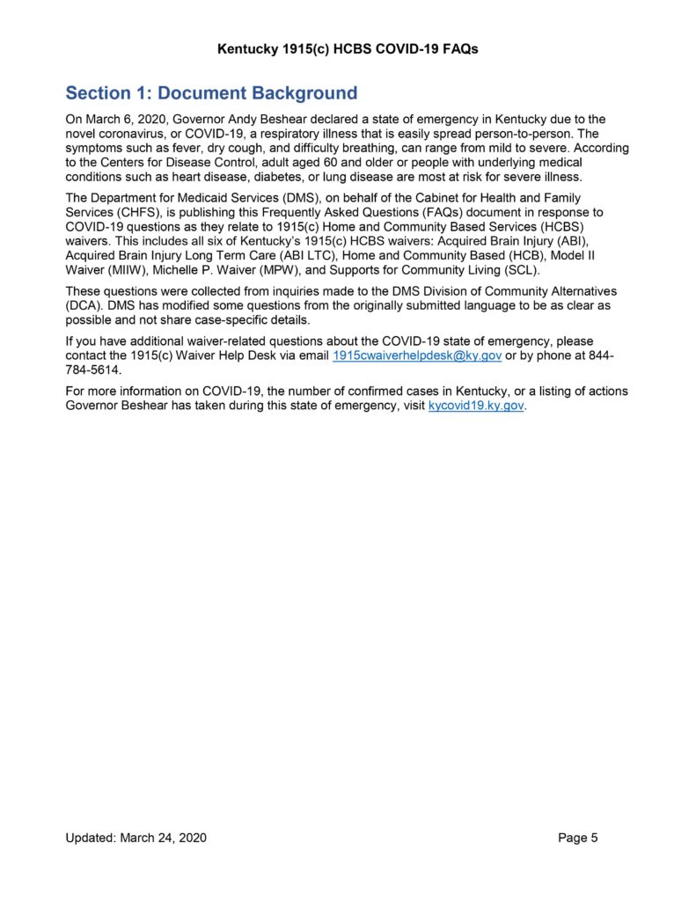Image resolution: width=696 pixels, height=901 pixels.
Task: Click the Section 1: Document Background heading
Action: coord(211,93)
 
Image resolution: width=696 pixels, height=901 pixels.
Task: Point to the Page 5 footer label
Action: coord(578,839)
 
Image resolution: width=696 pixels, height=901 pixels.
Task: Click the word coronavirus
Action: coord(131,133)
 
